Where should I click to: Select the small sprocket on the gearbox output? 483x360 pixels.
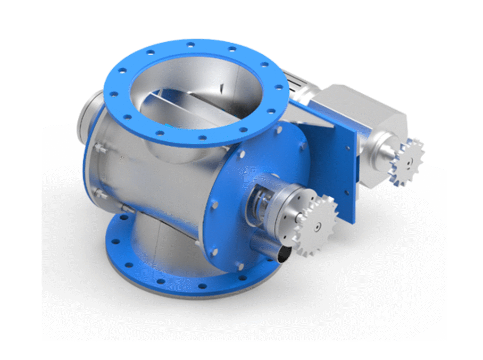point(407,161)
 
